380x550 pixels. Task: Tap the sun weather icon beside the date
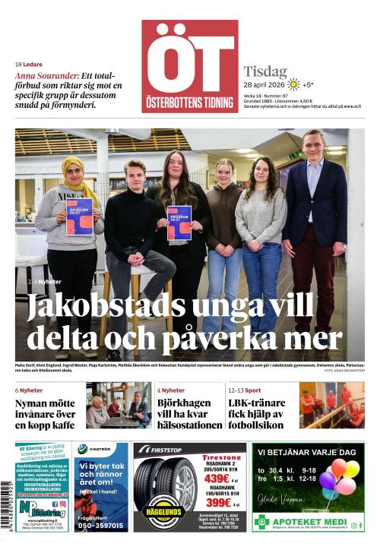(293, 84)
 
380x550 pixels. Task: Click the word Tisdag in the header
(265, 71)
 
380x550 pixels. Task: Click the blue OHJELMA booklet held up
(79, 215)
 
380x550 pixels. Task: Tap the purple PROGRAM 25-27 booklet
(179, 222)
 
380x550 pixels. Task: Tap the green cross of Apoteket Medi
(262, 522)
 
